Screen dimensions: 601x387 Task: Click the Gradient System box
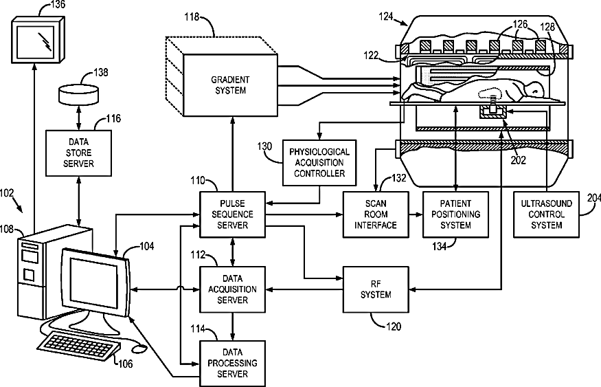point(230,85)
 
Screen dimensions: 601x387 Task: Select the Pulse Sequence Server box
point(233,214)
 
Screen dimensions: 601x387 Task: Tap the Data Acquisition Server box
point(233,289)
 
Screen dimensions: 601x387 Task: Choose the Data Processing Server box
point(233,363)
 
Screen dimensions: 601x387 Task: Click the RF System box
point(376,289)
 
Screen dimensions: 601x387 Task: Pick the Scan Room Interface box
point(376,214)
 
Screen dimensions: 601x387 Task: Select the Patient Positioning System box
point(456,214)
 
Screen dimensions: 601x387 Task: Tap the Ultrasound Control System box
point(546,214)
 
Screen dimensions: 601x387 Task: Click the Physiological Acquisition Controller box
point(319,163)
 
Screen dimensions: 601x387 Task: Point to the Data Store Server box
point(78,153)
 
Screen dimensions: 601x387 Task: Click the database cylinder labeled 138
point(78,95)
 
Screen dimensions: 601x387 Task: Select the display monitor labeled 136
point(38,39)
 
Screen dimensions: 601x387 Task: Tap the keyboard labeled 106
point(78,346)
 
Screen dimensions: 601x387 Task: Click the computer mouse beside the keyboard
point(139,349)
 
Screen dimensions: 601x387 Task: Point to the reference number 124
point(386,16)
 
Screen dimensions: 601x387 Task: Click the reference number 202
point(518,160)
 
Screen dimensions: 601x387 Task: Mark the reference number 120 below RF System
point(394,327)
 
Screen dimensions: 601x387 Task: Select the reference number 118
point(192,17)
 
